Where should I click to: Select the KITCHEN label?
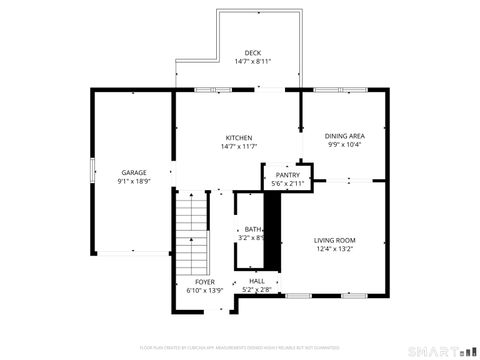238,138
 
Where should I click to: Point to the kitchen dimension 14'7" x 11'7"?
238,147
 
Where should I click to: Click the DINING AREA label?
344,136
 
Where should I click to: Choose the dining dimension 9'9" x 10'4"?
344,145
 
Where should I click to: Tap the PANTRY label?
288,175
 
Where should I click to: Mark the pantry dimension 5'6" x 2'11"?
288,184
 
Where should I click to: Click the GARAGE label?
134,173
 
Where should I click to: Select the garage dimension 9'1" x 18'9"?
134,182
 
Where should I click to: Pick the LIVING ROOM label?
334,241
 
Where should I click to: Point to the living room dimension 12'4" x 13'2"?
334,250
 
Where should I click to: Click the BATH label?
253,229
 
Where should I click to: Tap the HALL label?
257,282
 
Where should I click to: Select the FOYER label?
204,282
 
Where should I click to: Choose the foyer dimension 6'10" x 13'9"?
204,291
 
